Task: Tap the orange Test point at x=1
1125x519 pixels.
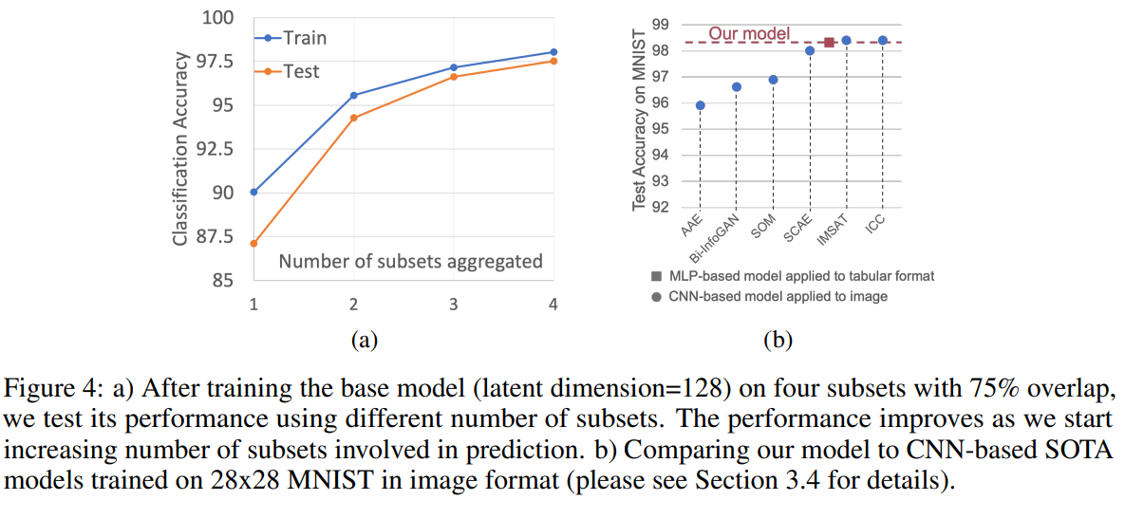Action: [253, 243]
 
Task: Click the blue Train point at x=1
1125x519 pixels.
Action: [253, 192]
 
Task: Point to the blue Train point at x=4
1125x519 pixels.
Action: [553, 52]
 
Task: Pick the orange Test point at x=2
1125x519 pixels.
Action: [353, 118]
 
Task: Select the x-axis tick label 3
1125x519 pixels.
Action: [454, 304]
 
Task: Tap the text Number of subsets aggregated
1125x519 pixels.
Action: [410, 261]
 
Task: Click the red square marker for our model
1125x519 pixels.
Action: [829, 42]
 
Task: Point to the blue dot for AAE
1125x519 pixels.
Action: [700, 105]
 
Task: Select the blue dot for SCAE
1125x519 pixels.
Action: [810, 50]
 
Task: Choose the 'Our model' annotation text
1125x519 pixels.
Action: [749, 34]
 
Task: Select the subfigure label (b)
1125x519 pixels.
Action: [778, 339]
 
